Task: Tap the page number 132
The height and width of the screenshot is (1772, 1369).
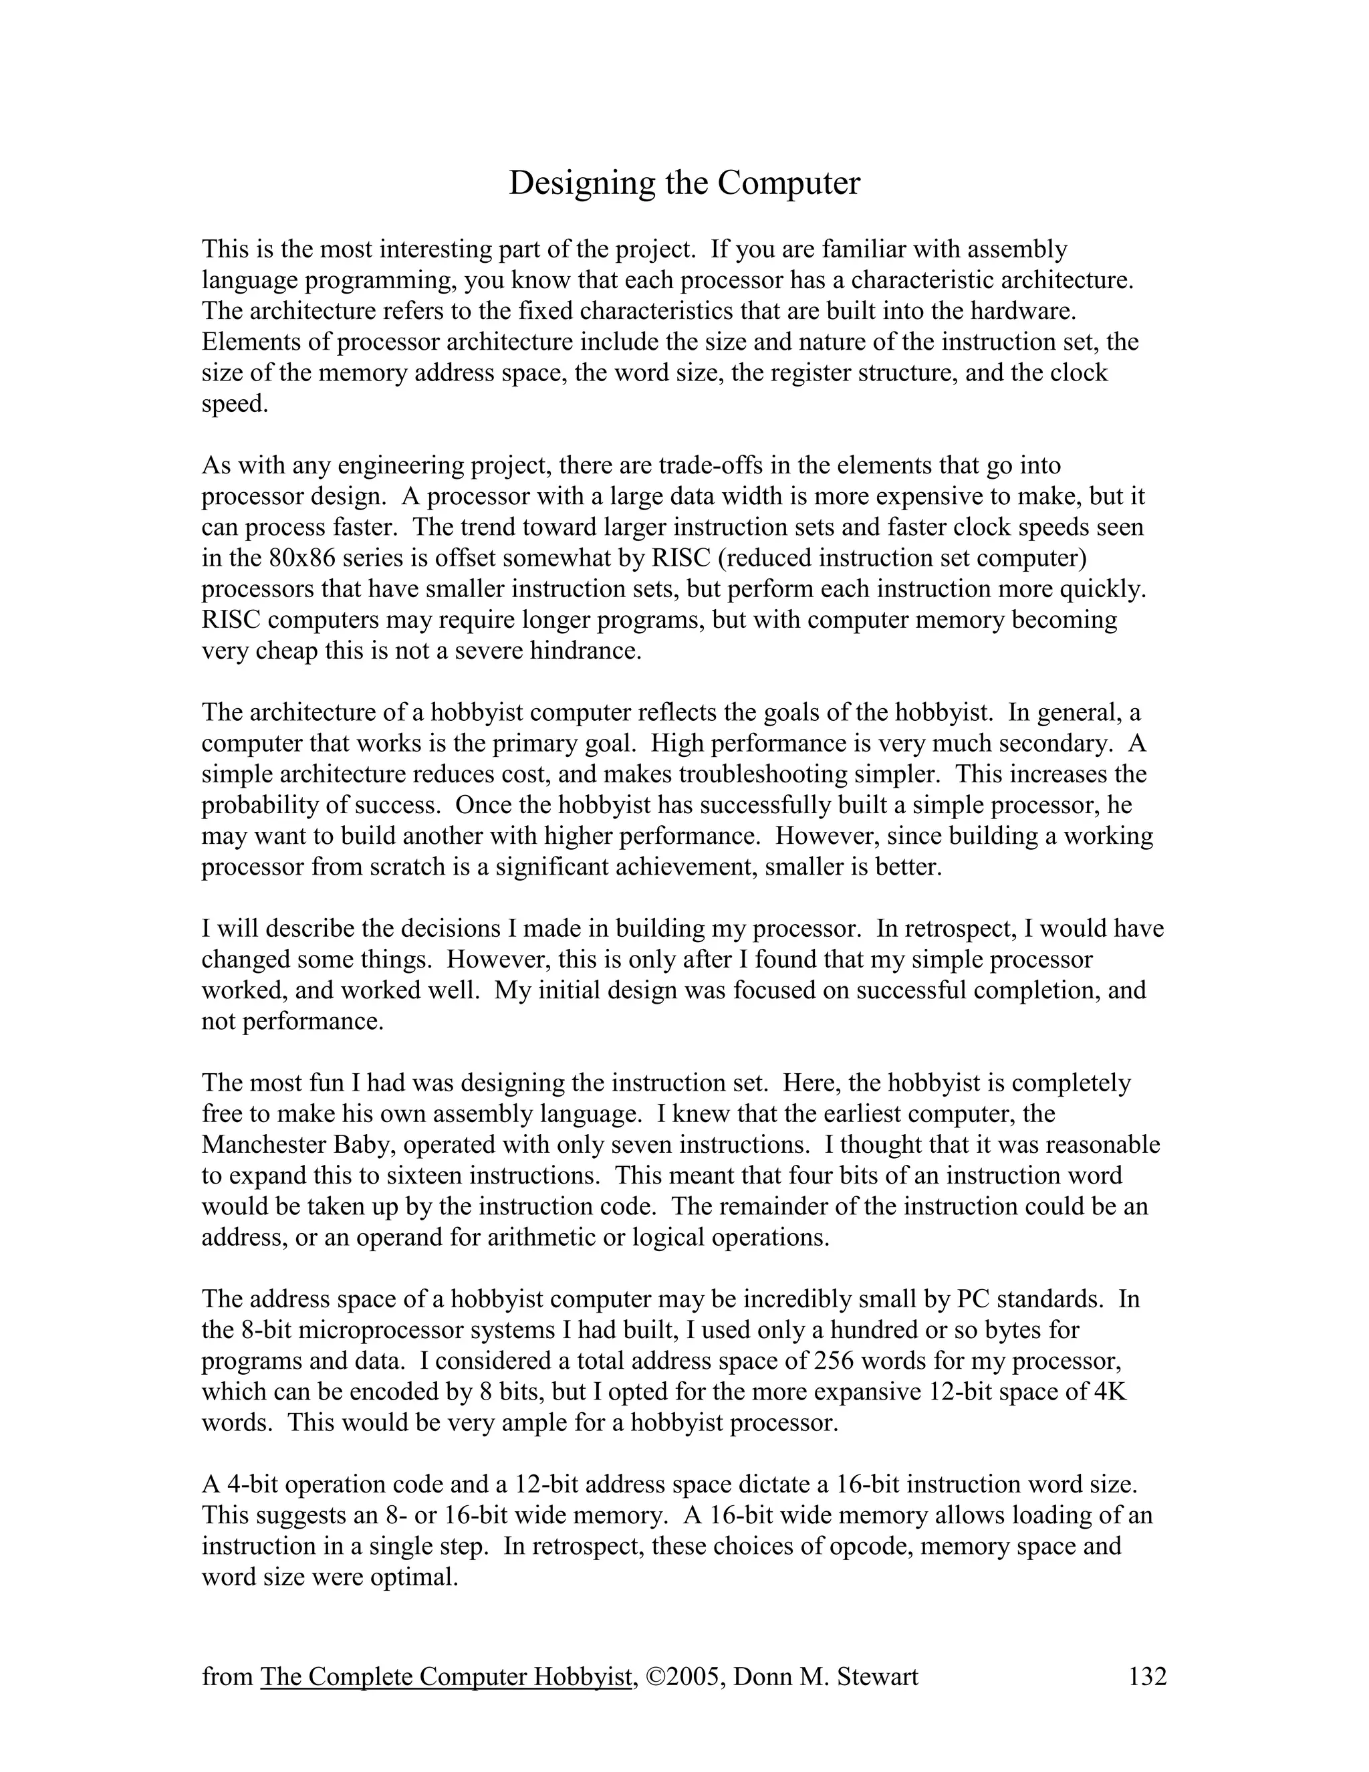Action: [x=1147, y=1676]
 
